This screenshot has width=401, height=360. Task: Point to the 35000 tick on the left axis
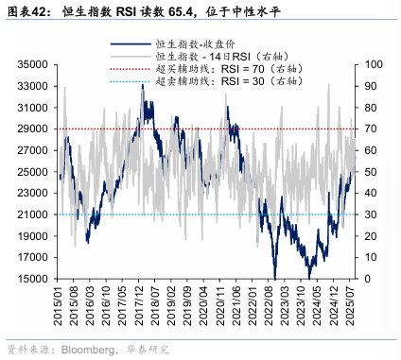33,64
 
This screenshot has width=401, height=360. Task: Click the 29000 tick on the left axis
33,129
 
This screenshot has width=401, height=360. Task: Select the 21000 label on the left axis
33,214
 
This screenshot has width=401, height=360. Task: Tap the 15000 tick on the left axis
33,279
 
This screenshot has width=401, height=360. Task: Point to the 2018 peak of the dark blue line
144,84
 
